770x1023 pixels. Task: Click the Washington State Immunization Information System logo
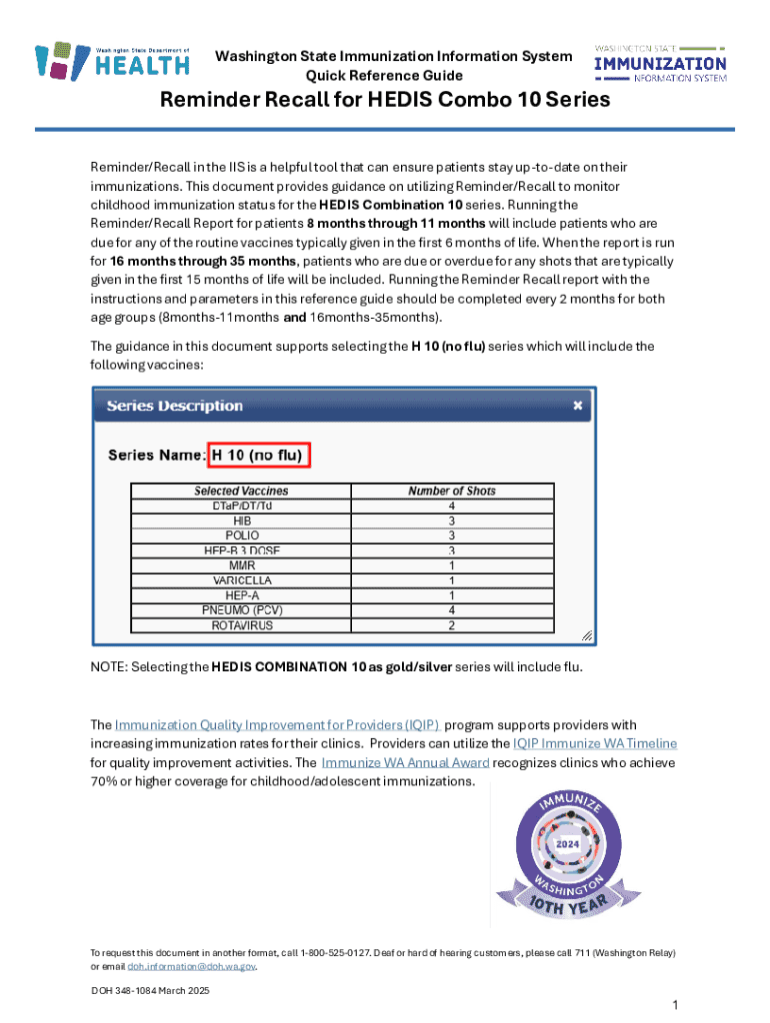coord(660,63)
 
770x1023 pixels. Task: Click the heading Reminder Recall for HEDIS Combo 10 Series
coord(385,102)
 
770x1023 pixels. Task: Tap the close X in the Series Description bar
coord(577,406)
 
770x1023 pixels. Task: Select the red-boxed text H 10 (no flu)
coord(260,456)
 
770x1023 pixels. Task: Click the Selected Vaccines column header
coord(241,491)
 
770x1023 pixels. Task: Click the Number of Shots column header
coord(451,491)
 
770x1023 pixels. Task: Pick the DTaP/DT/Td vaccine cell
coord(241,506)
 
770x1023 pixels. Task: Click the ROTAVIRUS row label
coord(241,625)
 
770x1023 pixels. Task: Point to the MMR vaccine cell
coord(241,565)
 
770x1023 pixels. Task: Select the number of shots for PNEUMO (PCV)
coord(451,610)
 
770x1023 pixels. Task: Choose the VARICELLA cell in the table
coord(241,580)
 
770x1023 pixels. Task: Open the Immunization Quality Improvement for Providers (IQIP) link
coord(276,724)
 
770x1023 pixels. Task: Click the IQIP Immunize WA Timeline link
coord(594,743)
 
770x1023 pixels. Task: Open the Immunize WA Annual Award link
coord(405,762)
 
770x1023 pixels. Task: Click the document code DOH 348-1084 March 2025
coord(150,990)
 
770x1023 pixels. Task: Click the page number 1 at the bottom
coord(676,1003)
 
